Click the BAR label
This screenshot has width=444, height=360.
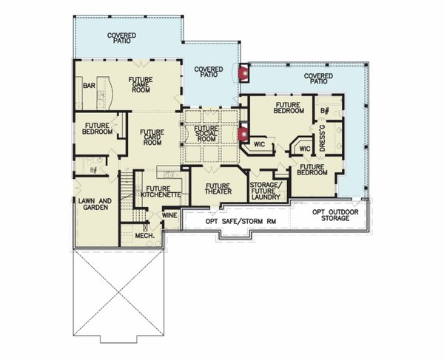[90, 86]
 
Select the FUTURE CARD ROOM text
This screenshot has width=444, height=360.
[151, 137]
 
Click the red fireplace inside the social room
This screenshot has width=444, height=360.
[242, 134]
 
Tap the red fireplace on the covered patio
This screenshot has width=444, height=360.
[242, 72]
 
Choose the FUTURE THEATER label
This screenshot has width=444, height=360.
[218, 189]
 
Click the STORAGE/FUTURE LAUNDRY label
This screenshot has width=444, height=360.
[265, 191]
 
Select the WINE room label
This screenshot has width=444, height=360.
[169, 216]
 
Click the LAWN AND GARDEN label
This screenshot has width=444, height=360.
[94, 204]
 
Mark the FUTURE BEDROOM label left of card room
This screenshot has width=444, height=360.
[98, 128]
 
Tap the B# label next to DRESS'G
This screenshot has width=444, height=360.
[324, 111]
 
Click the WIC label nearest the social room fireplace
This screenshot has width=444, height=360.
[260, 143]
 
